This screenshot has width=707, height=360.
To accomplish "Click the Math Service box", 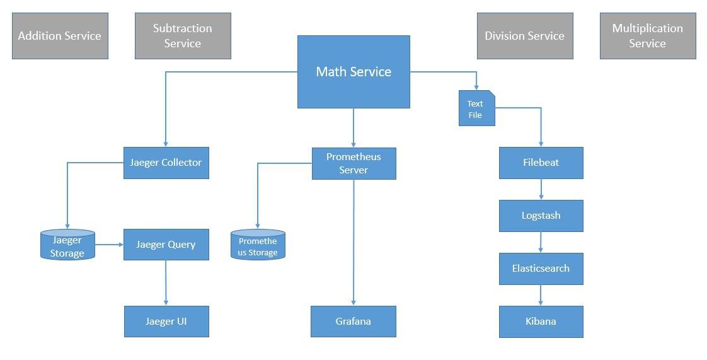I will (353, 72).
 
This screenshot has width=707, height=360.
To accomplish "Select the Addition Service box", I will (60, 36).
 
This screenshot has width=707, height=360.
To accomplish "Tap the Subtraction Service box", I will (183, 36).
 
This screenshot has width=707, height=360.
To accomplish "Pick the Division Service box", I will (525, 36).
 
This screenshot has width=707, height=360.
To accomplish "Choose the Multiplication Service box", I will (648, 36).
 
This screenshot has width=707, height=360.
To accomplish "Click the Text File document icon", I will (476, 108).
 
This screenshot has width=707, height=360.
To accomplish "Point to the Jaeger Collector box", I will (166, 163).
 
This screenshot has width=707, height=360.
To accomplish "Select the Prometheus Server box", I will (353, 163).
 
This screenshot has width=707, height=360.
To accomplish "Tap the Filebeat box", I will (541, 163).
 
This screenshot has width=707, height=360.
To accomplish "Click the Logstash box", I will (541, 216).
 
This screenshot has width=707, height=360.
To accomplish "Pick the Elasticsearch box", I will (541, 269).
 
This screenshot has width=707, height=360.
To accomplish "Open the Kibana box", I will (541, 322).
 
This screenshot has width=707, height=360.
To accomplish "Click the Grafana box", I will (353, 322).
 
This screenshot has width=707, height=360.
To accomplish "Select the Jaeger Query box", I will (166, 245).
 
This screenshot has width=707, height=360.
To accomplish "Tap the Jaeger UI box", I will (166, 322).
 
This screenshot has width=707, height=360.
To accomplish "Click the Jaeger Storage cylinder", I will (67, 246).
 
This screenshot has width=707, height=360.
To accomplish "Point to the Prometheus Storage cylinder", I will (258, 246).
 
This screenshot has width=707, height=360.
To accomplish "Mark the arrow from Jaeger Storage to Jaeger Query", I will (109, 245).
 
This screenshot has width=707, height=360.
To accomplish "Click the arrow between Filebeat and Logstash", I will (541, 189).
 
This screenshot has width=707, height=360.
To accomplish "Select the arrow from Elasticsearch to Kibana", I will (541, 295).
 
